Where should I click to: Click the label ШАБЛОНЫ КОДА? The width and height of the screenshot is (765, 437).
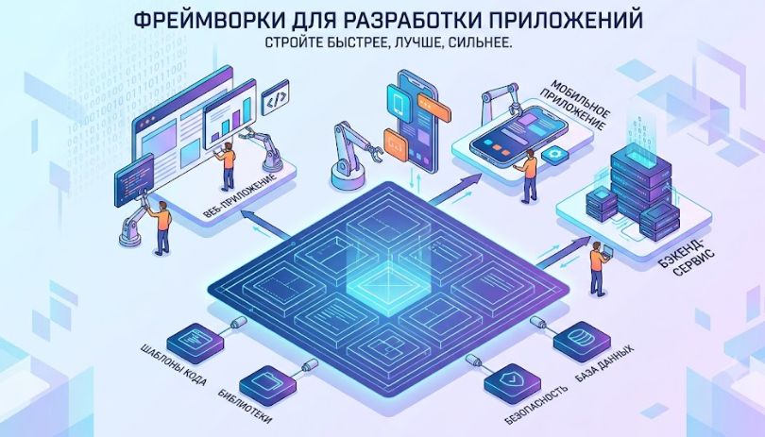pyautogui.click(x=174, y=365)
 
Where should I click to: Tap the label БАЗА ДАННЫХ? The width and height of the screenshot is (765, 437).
pyautogui.click(x=605, y=363)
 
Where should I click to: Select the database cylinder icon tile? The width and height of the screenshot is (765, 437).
pyautogui.click(x=582, y=341)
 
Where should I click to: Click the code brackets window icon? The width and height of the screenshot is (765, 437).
pyautogui.click(x=275, y=97)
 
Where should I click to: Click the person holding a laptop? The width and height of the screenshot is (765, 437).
pyautogui.click(x=599, y=267)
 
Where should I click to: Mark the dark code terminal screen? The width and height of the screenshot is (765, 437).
pyautogui.click(x=134, y=180)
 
